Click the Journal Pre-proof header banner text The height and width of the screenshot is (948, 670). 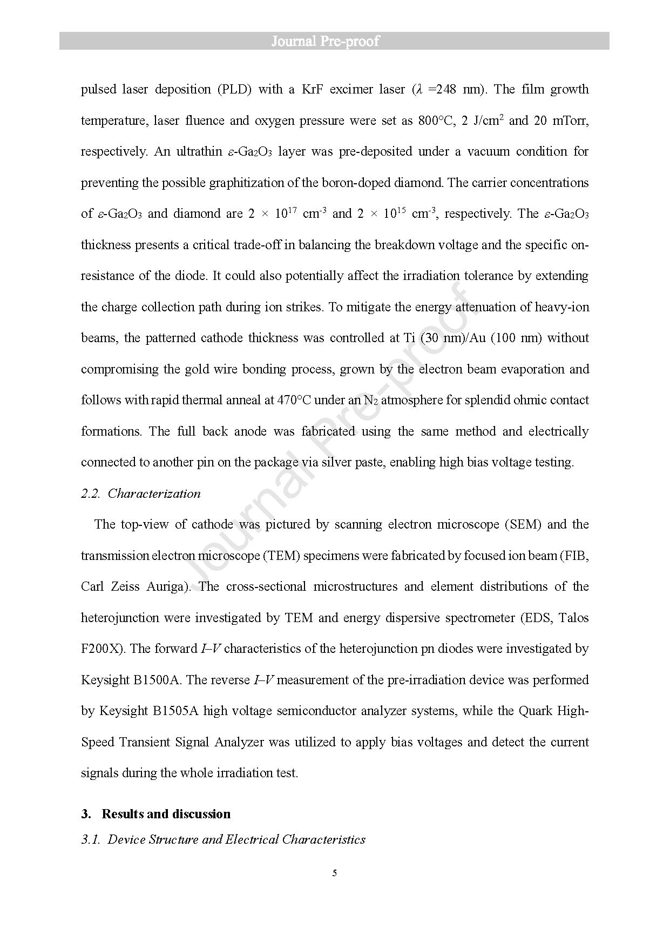pyautogui.click(x=325, y=41)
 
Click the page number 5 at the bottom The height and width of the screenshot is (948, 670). pyautogui.click(x=335, y=873)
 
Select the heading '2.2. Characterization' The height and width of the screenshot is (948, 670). pyautogui.click(x=141, y=493)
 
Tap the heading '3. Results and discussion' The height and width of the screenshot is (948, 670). pyautogui.click(x=157, y=814)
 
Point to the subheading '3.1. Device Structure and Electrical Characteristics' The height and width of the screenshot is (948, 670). pyautogui.click(x=224, y=839)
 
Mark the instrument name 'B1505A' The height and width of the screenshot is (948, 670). pyautogui.click(x=175, y=711)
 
